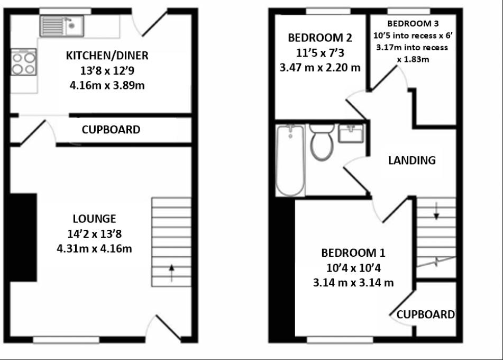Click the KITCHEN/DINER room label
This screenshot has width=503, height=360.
[x=107, y=56]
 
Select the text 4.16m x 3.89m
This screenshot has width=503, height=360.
[x=107, y=85]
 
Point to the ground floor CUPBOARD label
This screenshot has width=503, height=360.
[x=111, y=130]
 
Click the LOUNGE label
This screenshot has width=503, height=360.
[x=95, y=218]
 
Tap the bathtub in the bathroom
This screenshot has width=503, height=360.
[x=290, y=160]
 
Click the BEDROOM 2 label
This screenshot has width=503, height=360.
[x=319, y=38]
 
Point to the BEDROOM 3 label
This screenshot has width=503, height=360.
[x=413, y=23]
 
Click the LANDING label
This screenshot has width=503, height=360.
[x=412, y=160]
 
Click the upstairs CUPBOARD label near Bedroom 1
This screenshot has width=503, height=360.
[x=425, y=314]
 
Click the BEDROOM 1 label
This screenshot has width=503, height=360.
[x=353, y=252]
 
